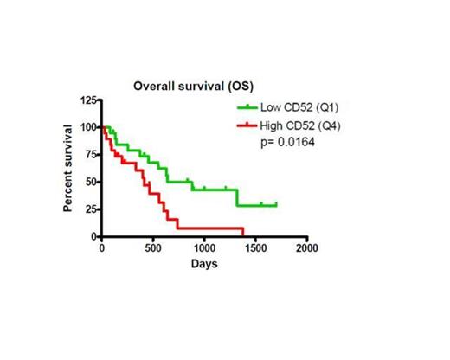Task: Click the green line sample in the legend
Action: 248,107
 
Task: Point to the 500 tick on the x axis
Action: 153,248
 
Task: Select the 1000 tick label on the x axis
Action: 204,248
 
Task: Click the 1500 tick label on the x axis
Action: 255,248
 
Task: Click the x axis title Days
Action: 204,263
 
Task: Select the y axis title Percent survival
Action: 67,169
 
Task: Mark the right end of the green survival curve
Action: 276,205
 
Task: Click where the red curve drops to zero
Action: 243,236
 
